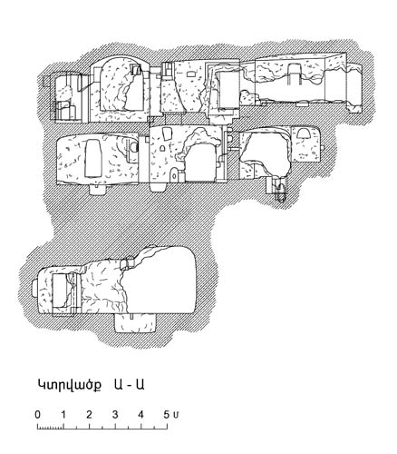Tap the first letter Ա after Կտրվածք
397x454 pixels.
pos(119,384)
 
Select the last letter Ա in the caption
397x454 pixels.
pos(140,384)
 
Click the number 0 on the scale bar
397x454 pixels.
pos(37,414)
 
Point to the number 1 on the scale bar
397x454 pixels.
pos(63,414)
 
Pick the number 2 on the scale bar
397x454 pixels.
pos(89,414)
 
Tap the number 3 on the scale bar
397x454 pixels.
pos(115,414)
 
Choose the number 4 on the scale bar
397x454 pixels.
pos(140,414)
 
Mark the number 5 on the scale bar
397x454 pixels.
pos(167,414)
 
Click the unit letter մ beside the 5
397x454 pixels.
pos(176,415)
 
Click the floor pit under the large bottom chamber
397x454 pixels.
pos(135,323)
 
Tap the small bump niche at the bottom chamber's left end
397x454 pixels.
pos(34,289)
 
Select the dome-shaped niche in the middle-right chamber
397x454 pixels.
pos(303,133)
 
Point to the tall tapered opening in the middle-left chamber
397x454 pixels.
pos(92,158)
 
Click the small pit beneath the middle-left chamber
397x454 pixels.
pos(97,188)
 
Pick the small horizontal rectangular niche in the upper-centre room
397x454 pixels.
pos(190,74)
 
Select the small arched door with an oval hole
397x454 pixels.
pos(174,175)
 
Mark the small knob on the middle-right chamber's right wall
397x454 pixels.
pos(323,148)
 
